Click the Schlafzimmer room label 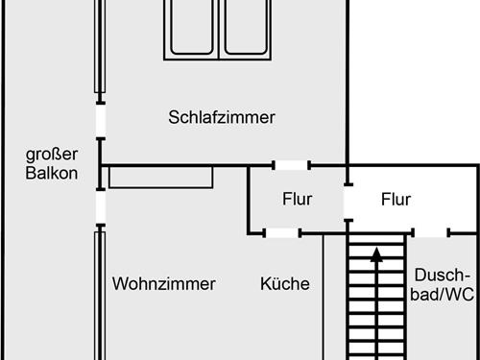click(222, 118)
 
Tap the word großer click(51, 156)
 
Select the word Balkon click(51, 175)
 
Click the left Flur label click(298, 200)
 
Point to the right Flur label click(396, 200)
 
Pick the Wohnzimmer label click(163, 284)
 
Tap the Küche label click(285, 284)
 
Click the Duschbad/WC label click(444, 284)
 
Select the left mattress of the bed click(195, 27)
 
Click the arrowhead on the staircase click(376, 254)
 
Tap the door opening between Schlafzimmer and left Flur click(292, 166)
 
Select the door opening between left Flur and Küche click(282, 232)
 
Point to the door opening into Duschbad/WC click(431, 232)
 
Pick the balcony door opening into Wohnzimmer click(99, 205)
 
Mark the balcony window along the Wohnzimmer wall click(99, 293)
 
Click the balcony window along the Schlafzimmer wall click(99, 48)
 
